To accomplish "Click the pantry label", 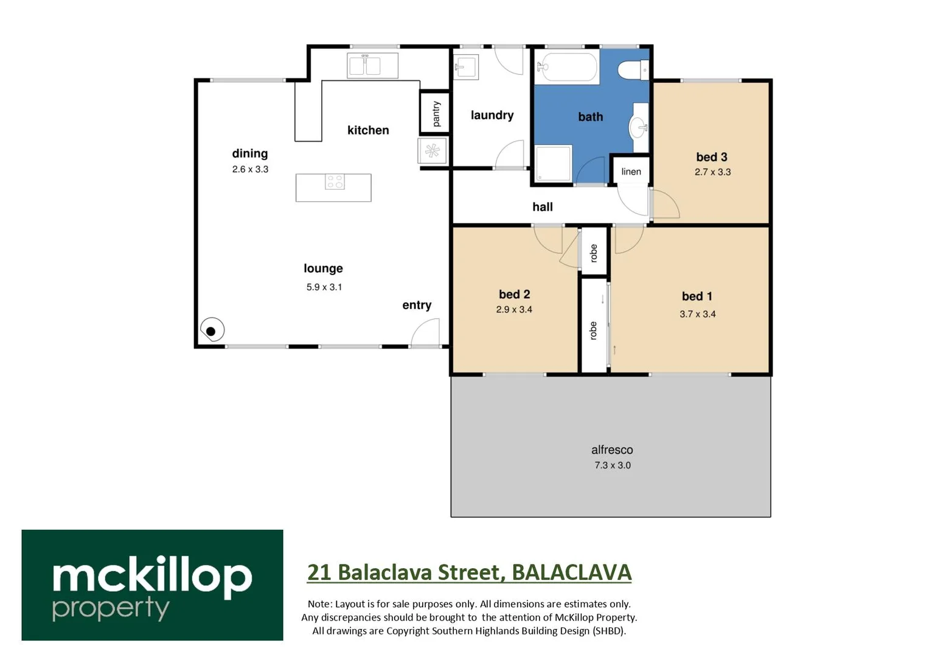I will tap(436, 114).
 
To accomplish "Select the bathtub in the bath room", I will tap(567, 68).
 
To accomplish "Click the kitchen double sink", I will tap(372, 65).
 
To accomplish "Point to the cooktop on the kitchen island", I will tap(335, 181).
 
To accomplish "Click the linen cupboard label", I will tap(631, 172).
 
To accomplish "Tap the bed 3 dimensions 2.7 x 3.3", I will tap(712, 172).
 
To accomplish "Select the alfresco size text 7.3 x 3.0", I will tap(612, 465).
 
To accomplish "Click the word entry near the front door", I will tap(417, 305).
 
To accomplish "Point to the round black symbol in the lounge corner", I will tap(211, 331).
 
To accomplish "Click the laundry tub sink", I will tap(466, 66).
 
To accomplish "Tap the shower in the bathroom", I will tap(553, 163).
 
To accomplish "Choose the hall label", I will tap(542, 207).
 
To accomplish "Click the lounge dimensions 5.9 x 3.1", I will tap(324, 287).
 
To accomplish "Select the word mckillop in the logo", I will tap(152, 575).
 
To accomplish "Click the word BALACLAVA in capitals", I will tap(571, 572).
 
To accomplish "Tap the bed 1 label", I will tap(697, 296).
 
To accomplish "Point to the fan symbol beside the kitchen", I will tap(433, 151).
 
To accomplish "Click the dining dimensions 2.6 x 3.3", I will tap(250, 169).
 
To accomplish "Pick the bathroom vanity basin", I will tap(638, 128).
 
